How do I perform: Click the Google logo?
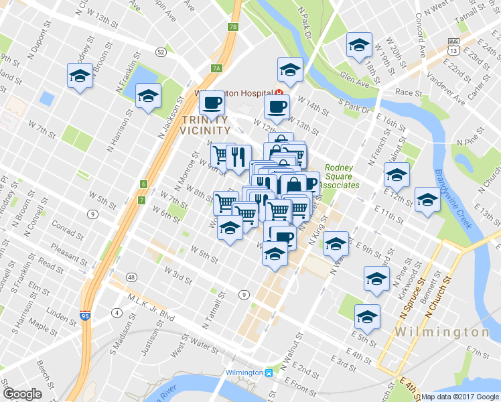(x=23, y=394)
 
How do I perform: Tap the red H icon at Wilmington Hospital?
(x=279, y=93)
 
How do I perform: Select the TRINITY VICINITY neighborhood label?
(x=206, y=124)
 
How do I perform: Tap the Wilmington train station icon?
(x=269, y=373)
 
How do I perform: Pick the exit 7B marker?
(x=232, y=27)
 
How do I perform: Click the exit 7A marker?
(x=216, y=68)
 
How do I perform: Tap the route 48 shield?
(x=131, y=277)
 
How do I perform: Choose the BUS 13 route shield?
(x=454, y=46)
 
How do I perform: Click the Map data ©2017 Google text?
(x=461, y=397)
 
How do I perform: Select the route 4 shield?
(x=117, y=313)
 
